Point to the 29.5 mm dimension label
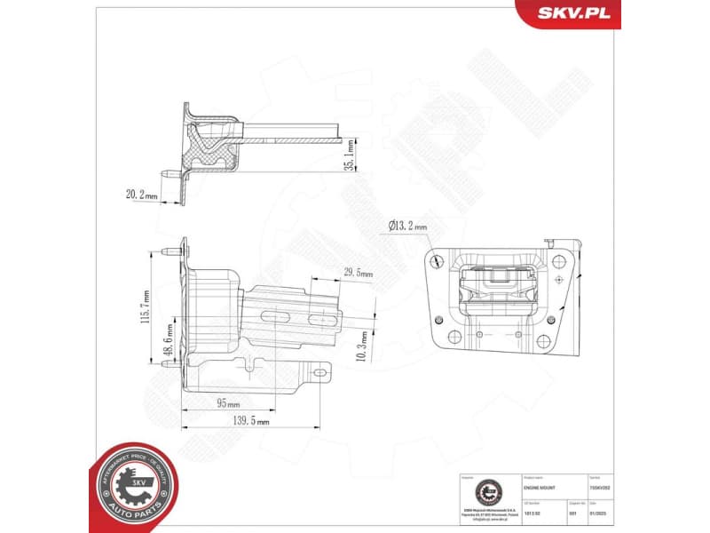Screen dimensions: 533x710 (358, 274)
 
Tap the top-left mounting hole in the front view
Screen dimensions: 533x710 (438, 260)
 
